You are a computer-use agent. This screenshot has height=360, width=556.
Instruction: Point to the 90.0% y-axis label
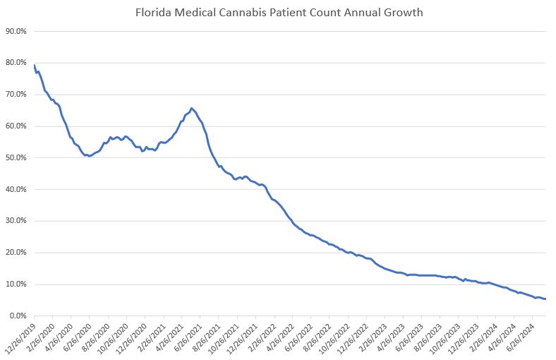[16, 31]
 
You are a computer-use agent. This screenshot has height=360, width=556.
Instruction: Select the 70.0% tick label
[16, 95]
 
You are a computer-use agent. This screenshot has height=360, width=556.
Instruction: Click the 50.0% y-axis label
[16, 158]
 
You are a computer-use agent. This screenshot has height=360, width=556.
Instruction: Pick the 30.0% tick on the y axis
[16, 221]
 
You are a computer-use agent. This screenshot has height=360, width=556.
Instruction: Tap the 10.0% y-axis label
[16, 284]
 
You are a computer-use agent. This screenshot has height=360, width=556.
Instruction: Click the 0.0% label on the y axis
[18, 316]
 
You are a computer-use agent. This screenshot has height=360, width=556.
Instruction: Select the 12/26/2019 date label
[20, 337]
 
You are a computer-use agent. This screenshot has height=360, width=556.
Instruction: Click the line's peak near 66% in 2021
[192, 108]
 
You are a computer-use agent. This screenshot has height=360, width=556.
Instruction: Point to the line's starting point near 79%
[34, 65]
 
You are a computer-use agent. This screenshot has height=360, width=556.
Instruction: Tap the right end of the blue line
[545, 299]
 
